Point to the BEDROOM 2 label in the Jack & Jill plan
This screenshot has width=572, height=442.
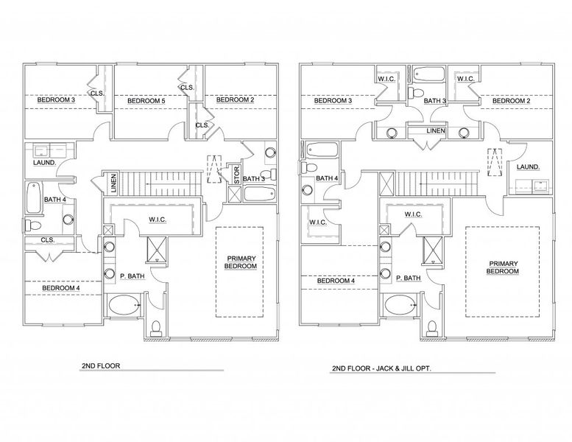507,100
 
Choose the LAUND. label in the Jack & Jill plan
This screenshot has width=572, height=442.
529,167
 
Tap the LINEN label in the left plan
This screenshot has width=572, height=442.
113,182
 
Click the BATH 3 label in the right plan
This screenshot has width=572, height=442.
434,100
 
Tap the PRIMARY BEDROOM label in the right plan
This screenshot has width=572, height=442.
503,267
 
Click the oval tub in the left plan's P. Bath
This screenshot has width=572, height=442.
124,304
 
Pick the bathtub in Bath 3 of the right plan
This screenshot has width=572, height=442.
431,74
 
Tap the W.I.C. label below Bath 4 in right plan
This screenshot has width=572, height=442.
317,221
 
